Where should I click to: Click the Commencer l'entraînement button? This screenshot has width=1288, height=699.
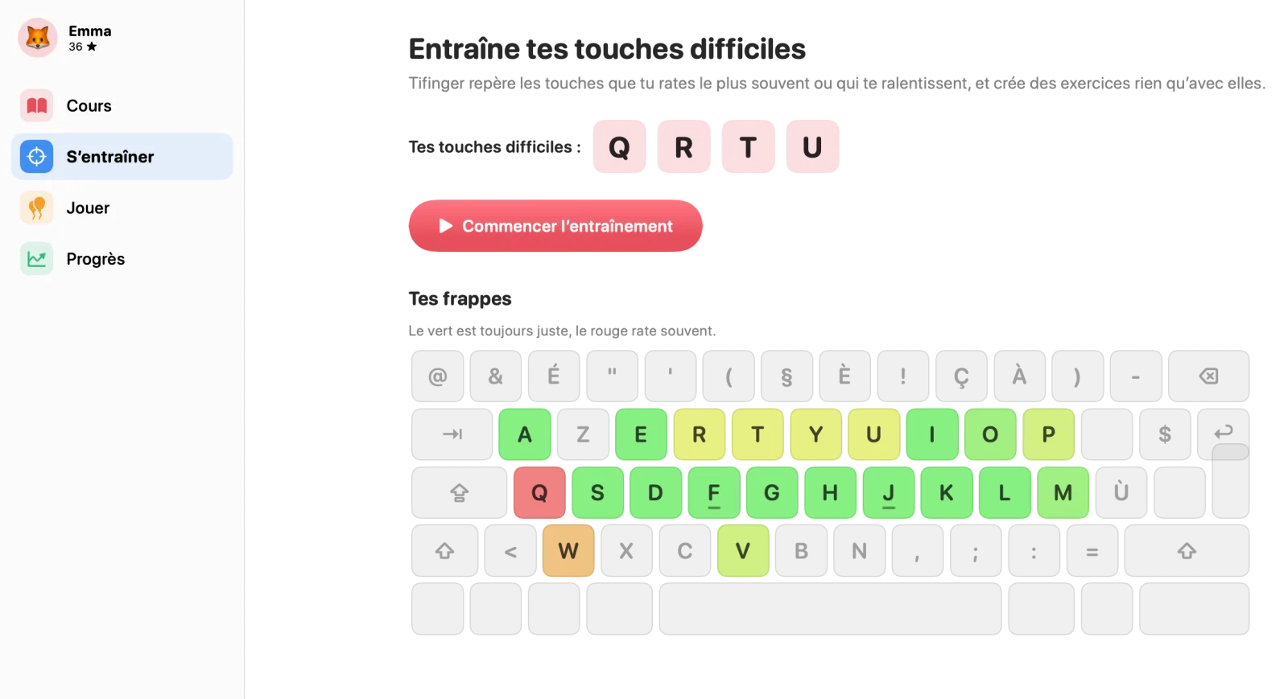coord(555,226)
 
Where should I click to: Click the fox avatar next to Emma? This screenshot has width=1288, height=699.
coord(37,38)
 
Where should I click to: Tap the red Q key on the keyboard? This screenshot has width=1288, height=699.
coord(539,492)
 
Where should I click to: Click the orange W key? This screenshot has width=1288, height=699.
coord(568,550)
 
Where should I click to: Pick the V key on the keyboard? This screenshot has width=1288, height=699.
coord(743,550)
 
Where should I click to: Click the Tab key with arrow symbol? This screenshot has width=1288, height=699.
coord(452,434)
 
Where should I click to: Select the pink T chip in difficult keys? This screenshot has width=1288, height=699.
coord(748,146)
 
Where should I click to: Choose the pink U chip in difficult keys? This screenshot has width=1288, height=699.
coord(812,146)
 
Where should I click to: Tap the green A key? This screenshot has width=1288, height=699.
coord(524,434)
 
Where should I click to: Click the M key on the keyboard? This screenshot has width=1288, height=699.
coord(1063,492)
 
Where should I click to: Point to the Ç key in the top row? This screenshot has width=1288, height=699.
coord(961,376)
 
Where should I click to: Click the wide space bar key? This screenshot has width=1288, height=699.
coord(830,609)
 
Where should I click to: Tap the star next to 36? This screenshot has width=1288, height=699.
coord(92,47)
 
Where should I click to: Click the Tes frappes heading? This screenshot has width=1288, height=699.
coord(460,298)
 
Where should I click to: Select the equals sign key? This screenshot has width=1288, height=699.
coord(1092,550)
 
